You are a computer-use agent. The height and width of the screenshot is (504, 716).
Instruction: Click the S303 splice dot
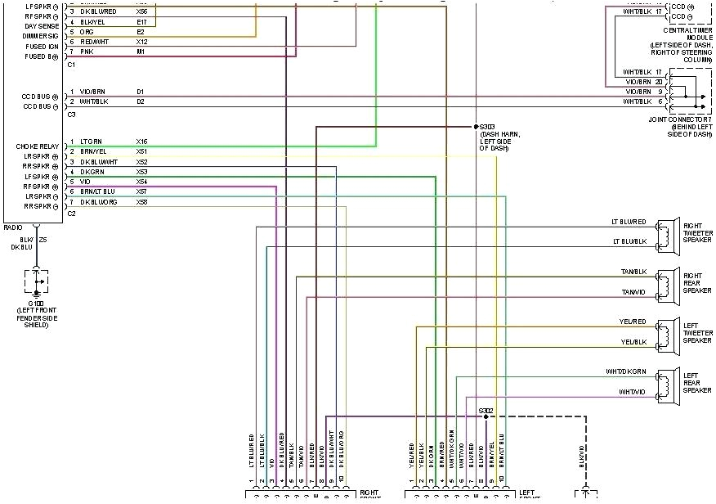pyautogui.click(x=476, y=127)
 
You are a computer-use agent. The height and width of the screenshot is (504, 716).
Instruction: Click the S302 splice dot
pyautogui.click(x=486, y=416)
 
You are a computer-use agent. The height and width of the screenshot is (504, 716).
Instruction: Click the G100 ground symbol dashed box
pyautogui.click(x=36, y=281)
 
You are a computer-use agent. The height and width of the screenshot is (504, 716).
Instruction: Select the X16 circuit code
pyautogui.click(x=141, y=142)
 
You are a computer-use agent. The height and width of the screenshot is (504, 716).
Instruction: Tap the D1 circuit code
pyautogui.click(x=141, y=91)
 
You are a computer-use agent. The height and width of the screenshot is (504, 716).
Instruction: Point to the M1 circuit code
pyautogui.click(x=141, y=52)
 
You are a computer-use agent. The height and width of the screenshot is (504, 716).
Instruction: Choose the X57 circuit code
pyautogui.click(x=141, y=191)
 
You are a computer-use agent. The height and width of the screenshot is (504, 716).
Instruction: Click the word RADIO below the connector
pyautogui.click(x=14, y=227)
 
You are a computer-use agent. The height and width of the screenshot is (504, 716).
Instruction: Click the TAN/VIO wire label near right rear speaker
pyautogui.click(x=633, y=292)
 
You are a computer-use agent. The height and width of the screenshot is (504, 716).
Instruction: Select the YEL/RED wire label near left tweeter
pyautogui.click(x=633, y=322)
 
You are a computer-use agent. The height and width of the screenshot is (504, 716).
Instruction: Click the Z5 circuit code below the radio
pyautogui.click(x=43, y=240)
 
